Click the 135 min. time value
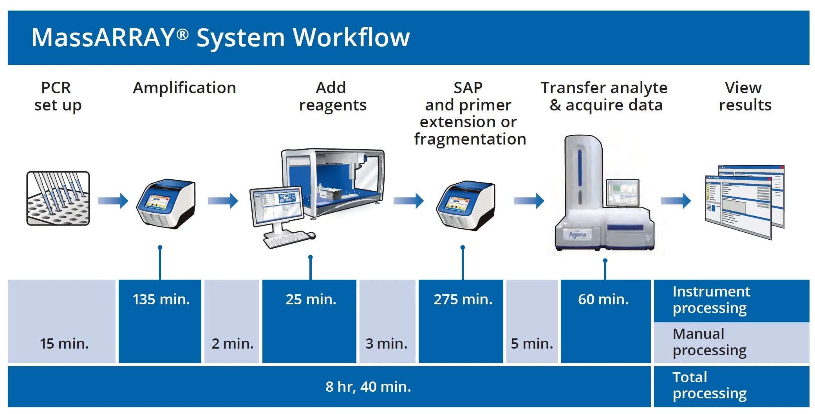pos(161,299)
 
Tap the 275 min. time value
pos(463,299)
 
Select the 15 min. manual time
pos(64,343)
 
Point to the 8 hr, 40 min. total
pos(368,387)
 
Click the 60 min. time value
pos(603,299)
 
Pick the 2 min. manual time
pos(232,343)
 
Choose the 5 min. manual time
pos(531,343)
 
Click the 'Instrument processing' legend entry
pos(711,300)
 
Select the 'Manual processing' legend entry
pos(709,342)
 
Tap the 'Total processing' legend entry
pos(709,385)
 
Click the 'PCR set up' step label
pos(57,96)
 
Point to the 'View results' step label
pos(745,96)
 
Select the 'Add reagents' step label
pos(333,96)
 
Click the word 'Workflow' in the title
pos(351,38)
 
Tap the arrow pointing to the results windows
pos(675,201)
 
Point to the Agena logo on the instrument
pos(577,235)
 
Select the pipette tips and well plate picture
pos(58,198)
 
